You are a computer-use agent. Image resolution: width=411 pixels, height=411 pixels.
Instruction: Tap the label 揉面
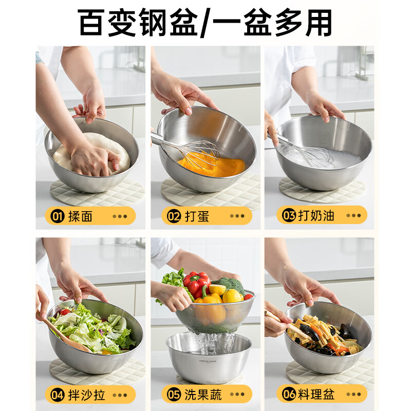(x=80, y=216)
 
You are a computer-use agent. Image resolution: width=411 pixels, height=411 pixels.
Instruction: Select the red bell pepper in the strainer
(x=196, y=283)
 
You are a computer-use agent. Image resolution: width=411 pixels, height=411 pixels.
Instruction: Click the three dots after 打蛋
(x=237, y=216)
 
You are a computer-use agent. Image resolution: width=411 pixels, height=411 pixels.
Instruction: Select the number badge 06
(x=289, y=395)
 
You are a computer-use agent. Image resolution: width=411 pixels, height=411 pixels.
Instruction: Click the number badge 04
(x=58, y=395)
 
